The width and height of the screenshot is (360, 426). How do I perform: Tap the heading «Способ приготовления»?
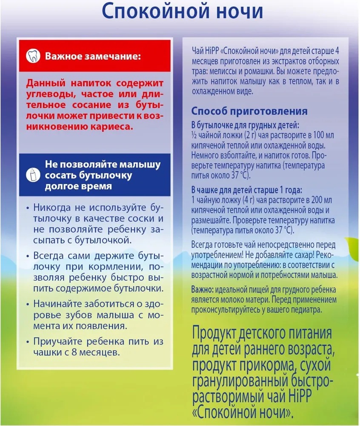(249, 112)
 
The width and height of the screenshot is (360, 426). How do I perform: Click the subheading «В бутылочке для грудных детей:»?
(245, 126)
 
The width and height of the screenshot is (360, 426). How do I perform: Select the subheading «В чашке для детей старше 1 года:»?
(249, 190)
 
